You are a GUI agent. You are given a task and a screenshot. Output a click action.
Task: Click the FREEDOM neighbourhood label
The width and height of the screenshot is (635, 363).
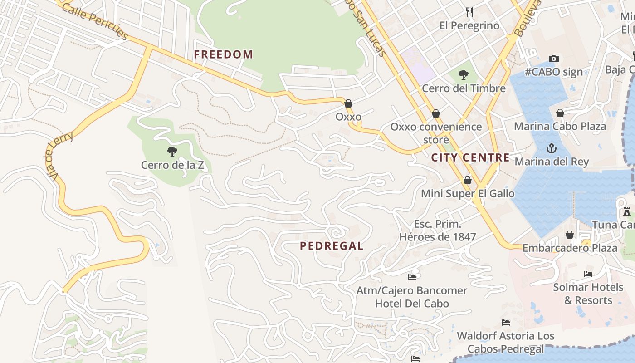(x=223, y=54)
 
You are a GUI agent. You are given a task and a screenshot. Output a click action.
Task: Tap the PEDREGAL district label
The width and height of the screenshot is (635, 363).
(x=332, y=246)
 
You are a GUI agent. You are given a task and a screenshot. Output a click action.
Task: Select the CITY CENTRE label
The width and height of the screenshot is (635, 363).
(x=470, y=157)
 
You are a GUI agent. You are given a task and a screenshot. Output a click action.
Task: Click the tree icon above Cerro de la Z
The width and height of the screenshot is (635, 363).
(x=172, y=151)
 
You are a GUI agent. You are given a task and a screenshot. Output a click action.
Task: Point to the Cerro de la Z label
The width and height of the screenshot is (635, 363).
(x=172, y=165)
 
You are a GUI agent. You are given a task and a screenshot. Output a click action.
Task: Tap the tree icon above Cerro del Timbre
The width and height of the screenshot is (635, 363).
(x=463, y=74)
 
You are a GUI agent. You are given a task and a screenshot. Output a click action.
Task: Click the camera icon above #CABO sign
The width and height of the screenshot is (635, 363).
(x=553, y=59)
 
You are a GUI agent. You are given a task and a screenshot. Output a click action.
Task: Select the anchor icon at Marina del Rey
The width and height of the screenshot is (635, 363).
(x=551, y=148)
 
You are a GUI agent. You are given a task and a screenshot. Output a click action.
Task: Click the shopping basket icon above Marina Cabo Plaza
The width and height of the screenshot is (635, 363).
(x=560, y=113)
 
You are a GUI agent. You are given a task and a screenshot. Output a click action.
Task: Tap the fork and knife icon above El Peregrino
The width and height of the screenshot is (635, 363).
(x=469, y=12)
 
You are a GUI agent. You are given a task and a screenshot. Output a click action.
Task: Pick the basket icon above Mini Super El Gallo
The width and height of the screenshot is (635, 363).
(x=468, y=180)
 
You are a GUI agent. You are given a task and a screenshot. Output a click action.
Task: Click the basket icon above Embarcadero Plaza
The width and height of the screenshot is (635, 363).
(x=570, y=235)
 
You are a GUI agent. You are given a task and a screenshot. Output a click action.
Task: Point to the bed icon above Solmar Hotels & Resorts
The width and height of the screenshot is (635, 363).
(x=588, y=274)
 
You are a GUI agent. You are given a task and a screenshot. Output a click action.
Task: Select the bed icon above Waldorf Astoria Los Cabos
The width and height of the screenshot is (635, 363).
(x=506, y=322)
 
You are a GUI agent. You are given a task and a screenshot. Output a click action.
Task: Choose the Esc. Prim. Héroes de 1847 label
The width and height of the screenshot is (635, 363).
(x=438, y=231)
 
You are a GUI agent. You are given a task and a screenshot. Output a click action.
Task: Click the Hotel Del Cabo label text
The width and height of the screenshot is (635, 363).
(x=412, y=304)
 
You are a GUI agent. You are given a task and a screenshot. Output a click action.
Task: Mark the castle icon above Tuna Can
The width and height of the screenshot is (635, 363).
(x=627, y=211)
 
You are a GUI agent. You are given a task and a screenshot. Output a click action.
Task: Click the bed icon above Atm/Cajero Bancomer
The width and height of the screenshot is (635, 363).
(x=412, y=276)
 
